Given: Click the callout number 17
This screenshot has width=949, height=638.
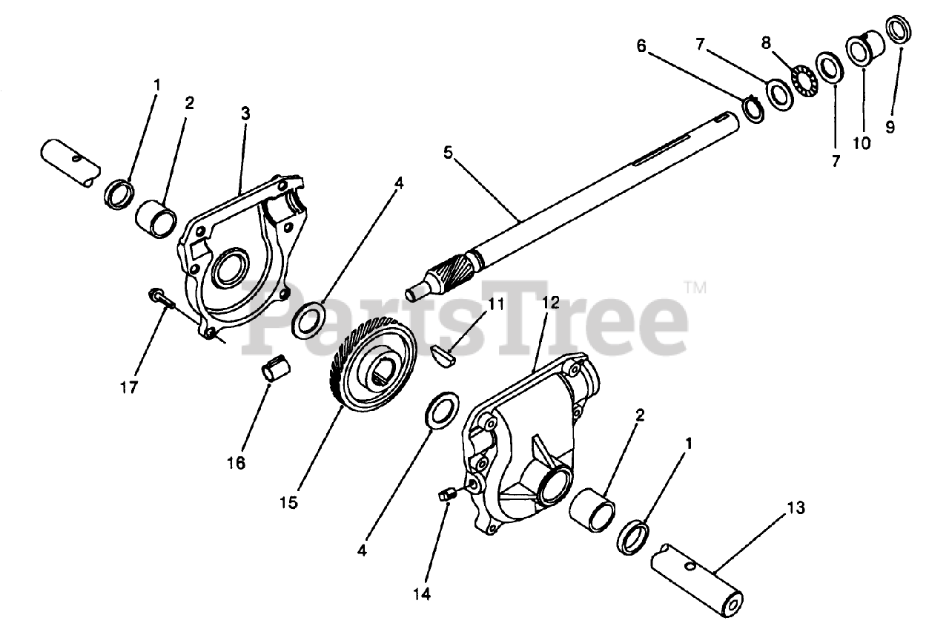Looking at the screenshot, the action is point(129,387).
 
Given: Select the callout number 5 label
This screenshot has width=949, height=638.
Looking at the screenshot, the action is point(447,152).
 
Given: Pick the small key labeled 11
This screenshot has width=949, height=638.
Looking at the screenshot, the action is point(446,355).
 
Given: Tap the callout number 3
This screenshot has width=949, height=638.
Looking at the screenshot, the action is point(245,114).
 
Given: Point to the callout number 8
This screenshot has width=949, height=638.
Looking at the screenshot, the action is point(767,42).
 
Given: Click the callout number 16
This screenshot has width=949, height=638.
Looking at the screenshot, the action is point(236,464).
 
